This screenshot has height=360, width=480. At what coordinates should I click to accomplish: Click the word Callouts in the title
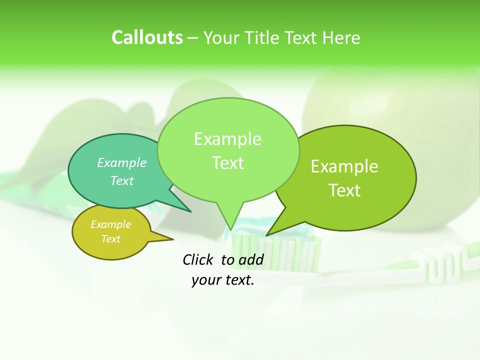click(x=147, y=38)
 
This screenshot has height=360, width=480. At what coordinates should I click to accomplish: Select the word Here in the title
click(x=341, y=38)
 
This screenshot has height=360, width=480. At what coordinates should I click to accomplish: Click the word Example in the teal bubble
click(x=122, y=162)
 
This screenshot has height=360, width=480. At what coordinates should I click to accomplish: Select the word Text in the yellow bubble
click(x=111, y=239)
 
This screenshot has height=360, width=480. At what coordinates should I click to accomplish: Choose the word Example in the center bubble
click(x=228, y=139)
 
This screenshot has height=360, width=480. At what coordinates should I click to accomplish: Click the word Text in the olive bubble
click(x=345, y=190)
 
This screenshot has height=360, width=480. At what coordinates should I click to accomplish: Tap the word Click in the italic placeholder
click(x=198, y=259)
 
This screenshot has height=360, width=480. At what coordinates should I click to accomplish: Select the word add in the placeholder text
click(x=251, y=259)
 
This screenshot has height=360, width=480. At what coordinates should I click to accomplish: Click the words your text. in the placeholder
click(x=223, y=280)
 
